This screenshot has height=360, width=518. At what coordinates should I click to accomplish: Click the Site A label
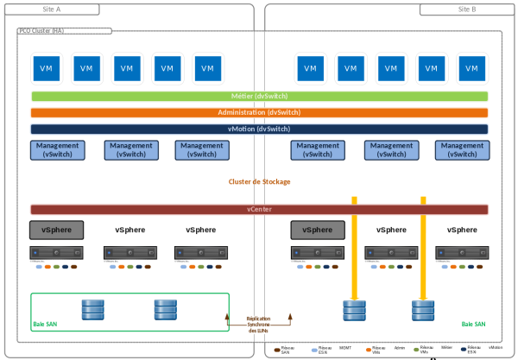[52, 9]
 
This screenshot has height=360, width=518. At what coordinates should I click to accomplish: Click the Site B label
[468, 9]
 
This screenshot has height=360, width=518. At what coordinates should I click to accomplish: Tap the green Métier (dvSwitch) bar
[259, 97]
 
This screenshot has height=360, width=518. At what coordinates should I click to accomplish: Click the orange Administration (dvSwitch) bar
[259, 112]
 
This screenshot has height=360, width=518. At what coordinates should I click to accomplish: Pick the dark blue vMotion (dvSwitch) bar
[259, 129]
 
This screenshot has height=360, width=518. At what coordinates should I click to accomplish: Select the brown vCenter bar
[259, 210]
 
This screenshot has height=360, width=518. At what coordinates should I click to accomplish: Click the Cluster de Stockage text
[259, 182]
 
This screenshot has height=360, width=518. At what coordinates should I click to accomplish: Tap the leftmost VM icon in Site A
[45, 68]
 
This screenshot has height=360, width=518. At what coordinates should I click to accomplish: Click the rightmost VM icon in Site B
[471, 68]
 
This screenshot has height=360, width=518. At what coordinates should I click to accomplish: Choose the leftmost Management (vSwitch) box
[58, 150]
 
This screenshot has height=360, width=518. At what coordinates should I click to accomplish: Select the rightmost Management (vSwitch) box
[463, 150]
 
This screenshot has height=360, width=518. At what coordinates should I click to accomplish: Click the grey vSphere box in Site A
[57, 230]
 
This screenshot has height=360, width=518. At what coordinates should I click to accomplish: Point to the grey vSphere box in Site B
[317, 230]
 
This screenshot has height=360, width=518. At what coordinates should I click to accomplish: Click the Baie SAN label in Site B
[473, 325]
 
